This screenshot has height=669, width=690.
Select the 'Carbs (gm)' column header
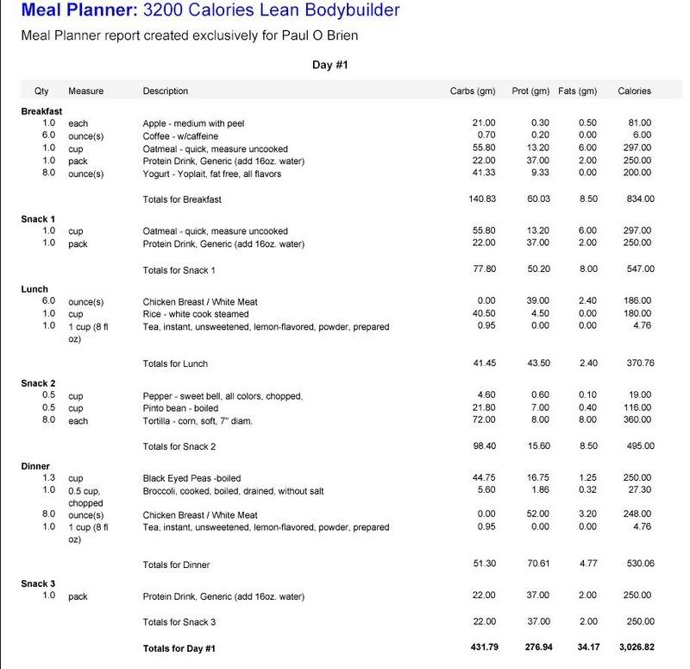tap(472, 91)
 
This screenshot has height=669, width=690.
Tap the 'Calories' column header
tap(635, 91)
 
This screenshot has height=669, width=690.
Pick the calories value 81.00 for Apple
tap(640, 123)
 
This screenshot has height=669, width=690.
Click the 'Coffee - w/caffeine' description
tap(181, 136)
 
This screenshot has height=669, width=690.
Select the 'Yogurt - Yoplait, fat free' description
tap(212, 174)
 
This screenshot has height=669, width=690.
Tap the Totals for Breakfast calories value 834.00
tap(639, 200)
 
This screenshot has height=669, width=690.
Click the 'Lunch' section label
tap(35, 289)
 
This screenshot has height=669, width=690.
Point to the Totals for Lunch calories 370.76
tap(639, 363)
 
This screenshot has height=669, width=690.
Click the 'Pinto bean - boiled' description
tap(182, 408)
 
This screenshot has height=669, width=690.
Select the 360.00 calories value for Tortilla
tap(639, 420)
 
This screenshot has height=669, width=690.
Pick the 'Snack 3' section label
tap(38, 584)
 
